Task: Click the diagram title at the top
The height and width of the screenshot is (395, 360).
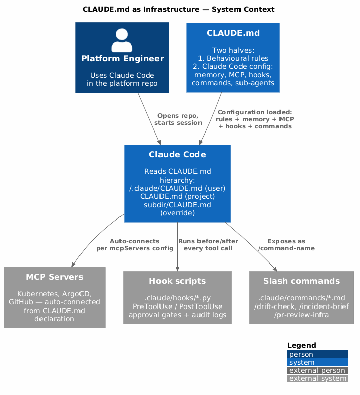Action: pyautogui.click(x=178, y=9)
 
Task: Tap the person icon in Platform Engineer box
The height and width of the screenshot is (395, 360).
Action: pyautogui.click(x=122, y=40)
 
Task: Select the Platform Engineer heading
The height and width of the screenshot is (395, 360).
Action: pyautogui.click(x=123, y=59)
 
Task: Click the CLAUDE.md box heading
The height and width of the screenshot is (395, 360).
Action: pyautogui.click(x=233, y=33)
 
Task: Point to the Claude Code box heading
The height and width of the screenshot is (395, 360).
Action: pyautogui.click(x=177, y=154)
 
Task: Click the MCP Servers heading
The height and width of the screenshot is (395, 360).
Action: pyautogui.click(x=55, y=277)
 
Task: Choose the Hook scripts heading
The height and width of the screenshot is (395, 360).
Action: pyautogui.click(x=177, y=281)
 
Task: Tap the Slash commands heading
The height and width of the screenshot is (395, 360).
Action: pyautogui.click(x=301, y=281)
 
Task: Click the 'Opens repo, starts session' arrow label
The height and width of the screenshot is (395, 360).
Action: pyautogui.click(x=178, y=119)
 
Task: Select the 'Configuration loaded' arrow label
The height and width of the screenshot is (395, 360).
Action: pyautogui.click(x=255, y=119)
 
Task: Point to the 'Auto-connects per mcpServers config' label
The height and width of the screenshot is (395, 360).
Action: pyautogui.click(x=135, y=245)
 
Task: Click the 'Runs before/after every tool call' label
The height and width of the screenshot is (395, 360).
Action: pyautogui.click(x=208, y=245)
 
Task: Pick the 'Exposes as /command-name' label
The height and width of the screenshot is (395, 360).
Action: pyautogui.click(x=287, y=245)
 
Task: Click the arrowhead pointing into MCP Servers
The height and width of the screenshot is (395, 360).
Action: pyautogui.click(x=73, y=264)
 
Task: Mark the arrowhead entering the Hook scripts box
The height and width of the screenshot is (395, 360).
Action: pyautogui.click(x=177, y=269)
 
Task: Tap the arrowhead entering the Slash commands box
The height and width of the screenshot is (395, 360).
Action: pyautogui.click(x=275, y=269)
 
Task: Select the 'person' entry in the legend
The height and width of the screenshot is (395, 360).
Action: pyautogui.click(x=317, y=354)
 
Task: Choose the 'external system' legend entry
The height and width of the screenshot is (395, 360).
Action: pyautogui.click(x=317, y=378)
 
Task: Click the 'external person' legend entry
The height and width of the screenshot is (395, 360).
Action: pyautogui.click(x=317, y=370)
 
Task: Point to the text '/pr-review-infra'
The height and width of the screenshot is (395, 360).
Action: pyautogui.click(x=301, y=315)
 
